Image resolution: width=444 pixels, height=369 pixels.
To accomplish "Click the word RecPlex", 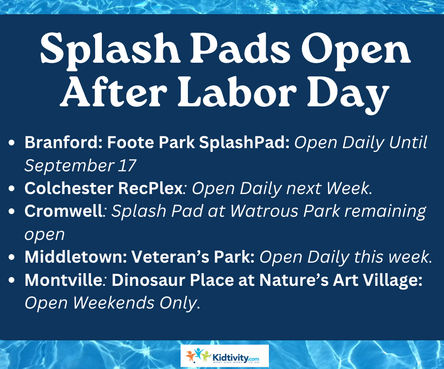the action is point(151,188).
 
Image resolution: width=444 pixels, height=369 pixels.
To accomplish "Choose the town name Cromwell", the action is point(63,211).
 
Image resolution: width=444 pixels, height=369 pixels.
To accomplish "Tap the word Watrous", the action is point(264,211).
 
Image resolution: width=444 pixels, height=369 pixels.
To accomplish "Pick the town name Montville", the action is point(63,280).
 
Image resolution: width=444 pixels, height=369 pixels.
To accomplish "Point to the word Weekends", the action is point(114,303).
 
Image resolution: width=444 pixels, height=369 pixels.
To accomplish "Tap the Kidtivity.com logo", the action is point(225,356).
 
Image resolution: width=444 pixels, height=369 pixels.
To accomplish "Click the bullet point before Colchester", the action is point(12,189).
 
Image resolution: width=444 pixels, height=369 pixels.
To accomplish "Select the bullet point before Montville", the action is point(12,280).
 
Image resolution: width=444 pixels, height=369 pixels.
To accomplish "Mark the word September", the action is point(69,166).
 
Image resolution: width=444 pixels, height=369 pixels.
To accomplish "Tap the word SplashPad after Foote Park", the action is point(244,142).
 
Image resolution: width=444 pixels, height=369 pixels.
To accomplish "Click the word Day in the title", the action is point(348,93).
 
